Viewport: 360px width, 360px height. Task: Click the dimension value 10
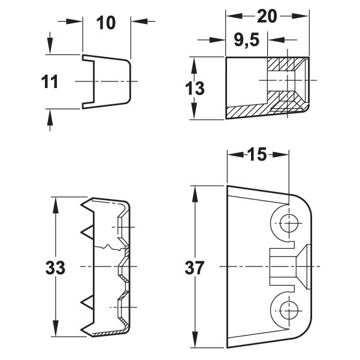tap(106, 23)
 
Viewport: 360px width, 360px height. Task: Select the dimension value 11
tap(49, 82)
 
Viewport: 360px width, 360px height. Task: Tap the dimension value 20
tap(267, 16)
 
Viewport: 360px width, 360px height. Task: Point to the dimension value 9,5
tap(247, 41)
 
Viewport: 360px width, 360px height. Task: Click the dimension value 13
tap(195, 89)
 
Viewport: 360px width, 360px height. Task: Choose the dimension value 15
tap(257, 155)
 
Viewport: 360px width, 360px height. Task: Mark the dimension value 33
tap(55, 268)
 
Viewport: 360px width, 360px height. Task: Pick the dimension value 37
tap(195, 268)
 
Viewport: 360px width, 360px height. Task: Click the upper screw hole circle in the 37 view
tap(289, 223)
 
